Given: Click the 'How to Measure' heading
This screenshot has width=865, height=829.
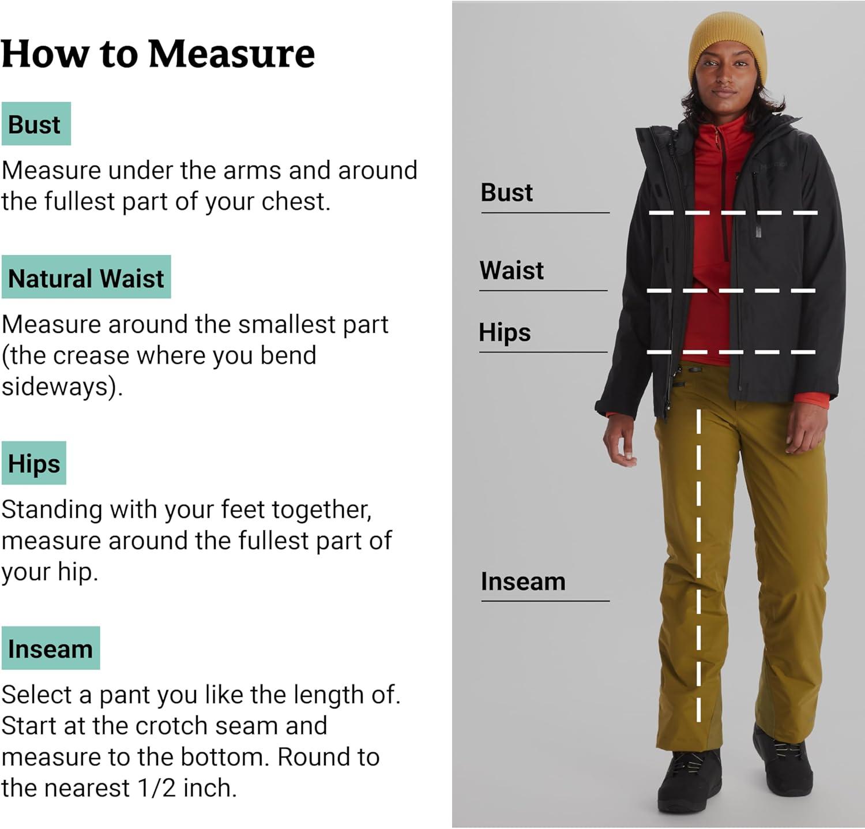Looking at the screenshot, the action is click(x=158, y=54).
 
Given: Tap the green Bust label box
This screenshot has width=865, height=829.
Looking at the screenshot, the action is click(x=36, y=124).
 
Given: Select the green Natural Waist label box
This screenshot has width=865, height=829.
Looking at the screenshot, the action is click(x=86, y=277).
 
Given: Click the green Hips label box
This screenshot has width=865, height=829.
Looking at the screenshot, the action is click(x=33, y=463).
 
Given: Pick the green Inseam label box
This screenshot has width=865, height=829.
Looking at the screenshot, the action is click(x=50, y=648).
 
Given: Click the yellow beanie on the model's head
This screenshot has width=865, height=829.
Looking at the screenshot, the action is click(x=727, y=46).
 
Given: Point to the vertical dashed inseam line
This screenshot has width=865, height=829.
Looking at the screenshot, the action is click(x=698, y=565).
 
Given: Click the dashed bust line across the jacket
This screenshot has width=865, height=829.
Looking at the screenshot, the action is click(x=733, y=213).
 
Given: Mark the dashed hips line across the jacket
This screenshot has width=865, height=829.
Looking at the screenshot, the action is click(x=731, y=351).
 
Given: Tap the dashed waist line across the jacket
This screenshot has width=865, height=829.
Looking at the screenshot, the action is click(x=731, y=290).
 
